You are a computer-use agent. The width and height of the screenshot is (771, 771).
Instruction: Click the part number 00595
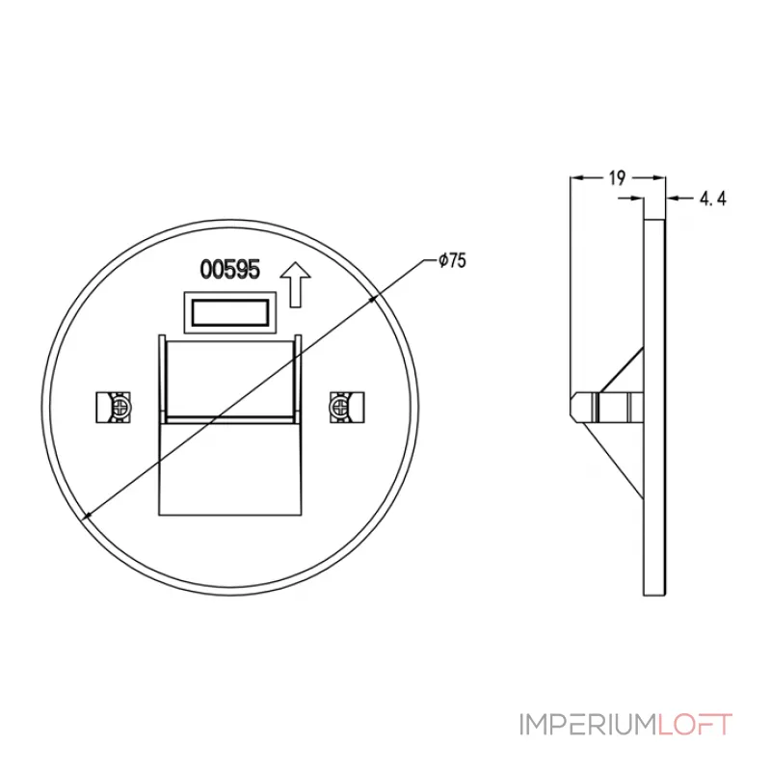pyautogui.click(x=230, y=270)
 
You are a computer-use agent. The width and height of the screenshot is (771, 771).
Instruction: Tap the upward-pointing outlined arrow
pyautogui.click(x=295, y=284)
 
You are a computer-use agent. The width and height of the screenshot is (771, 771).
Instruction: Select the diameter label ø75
pyautogui.click(x=452, y=260)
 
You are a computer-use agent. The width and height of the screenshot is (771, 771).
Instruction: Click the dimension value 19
pyautogui.click(x=617, y=178)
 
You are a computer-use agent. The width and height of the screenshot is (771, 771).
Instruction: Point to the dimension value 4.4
pyautogui.click(x=712, y=199)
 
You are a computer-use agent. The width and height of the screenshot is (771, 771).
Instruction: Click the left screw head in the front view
pyautogui.click(x=120, y=407)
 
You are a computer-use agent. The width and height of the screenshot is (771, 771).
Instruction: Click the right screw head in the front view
pyautogui.click(x=339, y=407)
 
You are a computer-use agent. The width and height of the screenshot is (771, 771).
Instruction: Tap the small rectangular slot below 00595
pyautogui.click(x=230, y=312)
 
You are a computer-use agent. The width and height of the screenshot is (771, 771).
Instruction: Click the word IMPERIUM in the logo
pyautogui.click(x=589, y=725)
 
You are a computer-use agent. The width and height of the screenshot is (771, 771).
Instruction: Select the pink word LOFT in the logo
pyautogui.click(x=695, y=725)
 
